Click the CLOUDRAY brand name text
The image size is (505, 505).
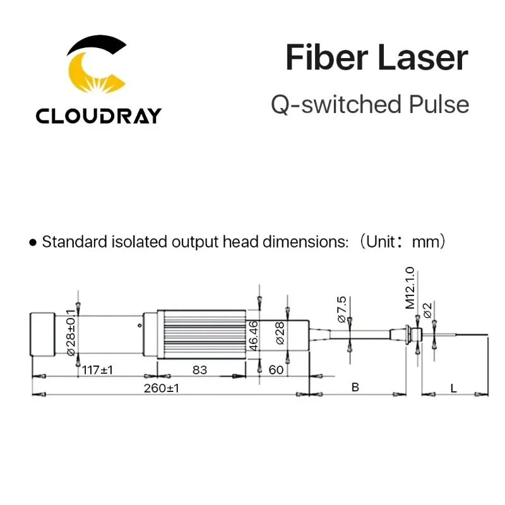(98, 116)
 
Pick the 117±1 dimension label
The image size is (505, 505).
(97, 370)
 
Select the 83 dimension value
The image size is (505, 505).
(199, 370)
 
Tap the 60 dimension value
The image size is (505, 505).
(276, 370)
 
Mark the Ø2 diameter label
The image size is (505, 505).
(427, 310)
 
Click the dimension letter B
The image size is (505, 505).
(355, 388)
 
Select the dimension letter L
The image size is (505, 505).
(454, 388)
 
